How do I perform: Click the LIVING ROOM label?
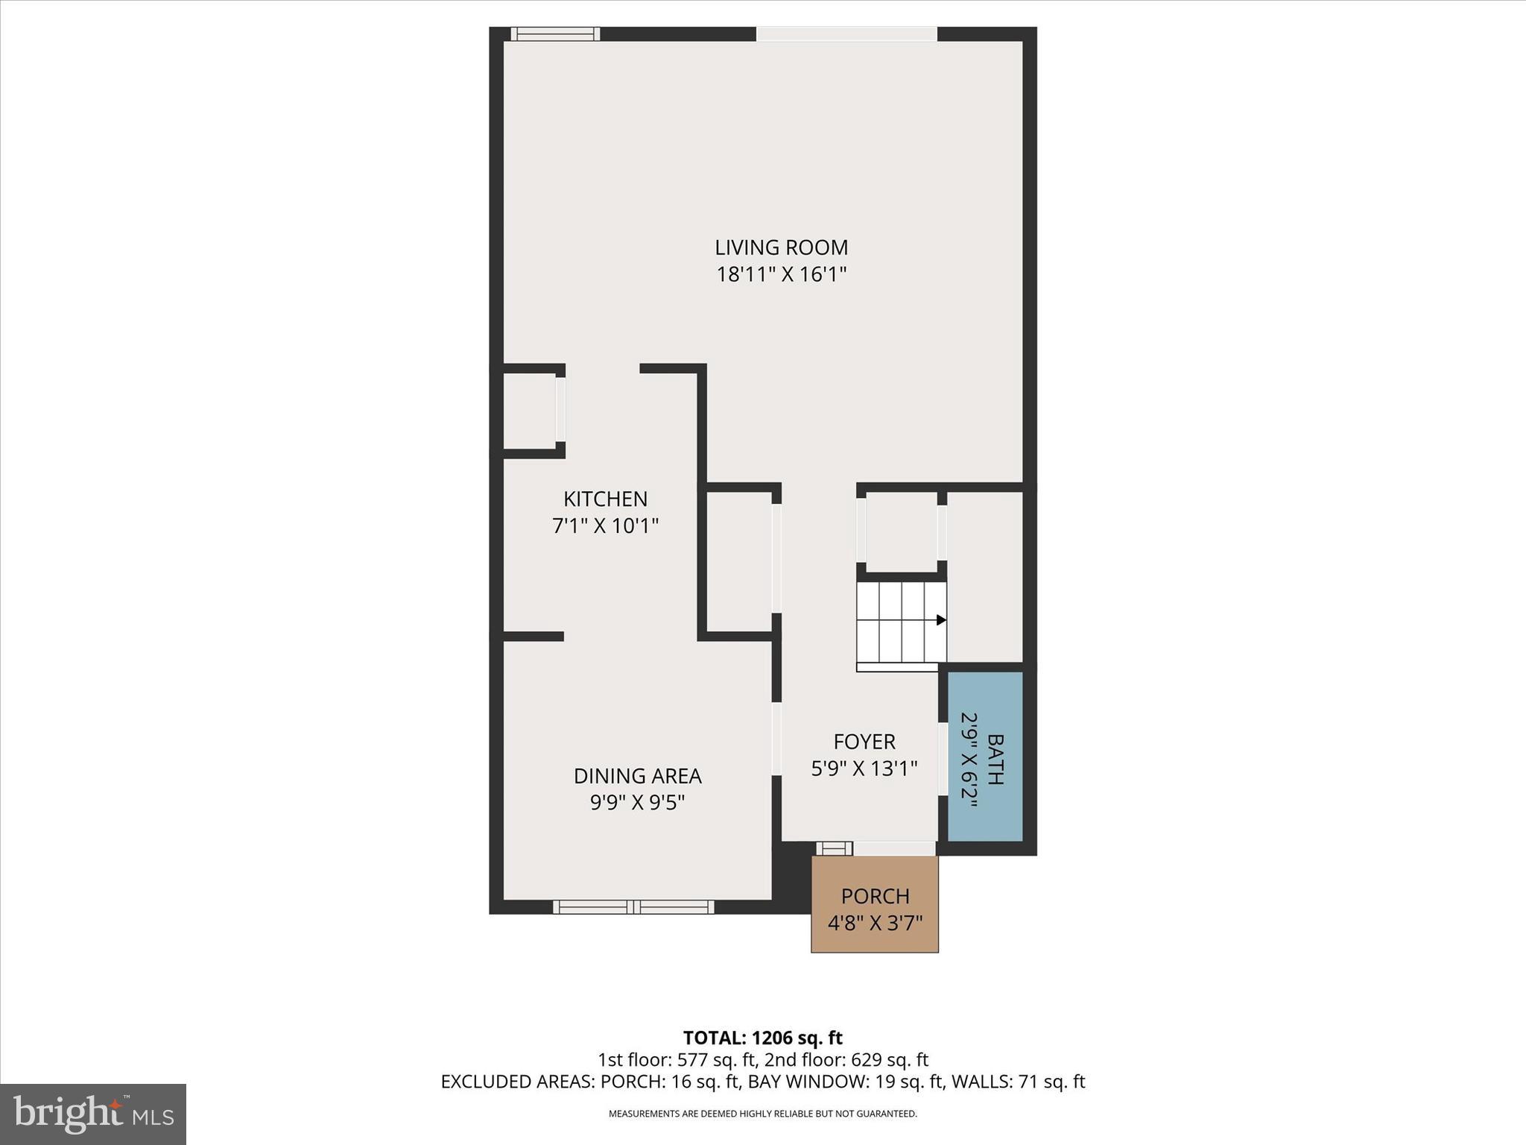point(781,247)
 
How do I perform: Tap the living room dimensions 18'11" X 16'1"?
point(781,274)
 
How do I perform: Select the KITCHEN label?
point(605,499)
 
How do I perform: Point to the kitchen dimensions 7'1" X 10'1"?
point(605,526)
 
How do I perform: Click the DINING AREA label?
point(637,776)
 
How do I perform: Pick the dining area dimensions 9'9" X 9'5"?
point(637,803)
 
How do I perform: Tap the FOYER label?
point(864,742)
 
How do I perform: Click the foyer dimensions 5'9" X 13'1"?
point(864,769)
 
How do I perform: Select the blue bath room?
point(985,757)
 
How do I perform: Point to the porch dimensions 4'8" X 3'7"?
point(875,923)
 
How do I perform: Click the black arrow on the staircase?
point(941,619)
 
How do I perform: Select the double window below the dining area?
point(633,906)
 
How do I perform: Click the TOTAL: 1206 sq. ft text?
point(762,1038)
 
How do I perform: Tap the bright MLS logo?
point(92,1114)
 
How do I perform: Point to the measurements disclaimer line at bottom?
point(762,1114)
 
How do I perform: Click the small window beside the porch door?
point(835,848)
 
